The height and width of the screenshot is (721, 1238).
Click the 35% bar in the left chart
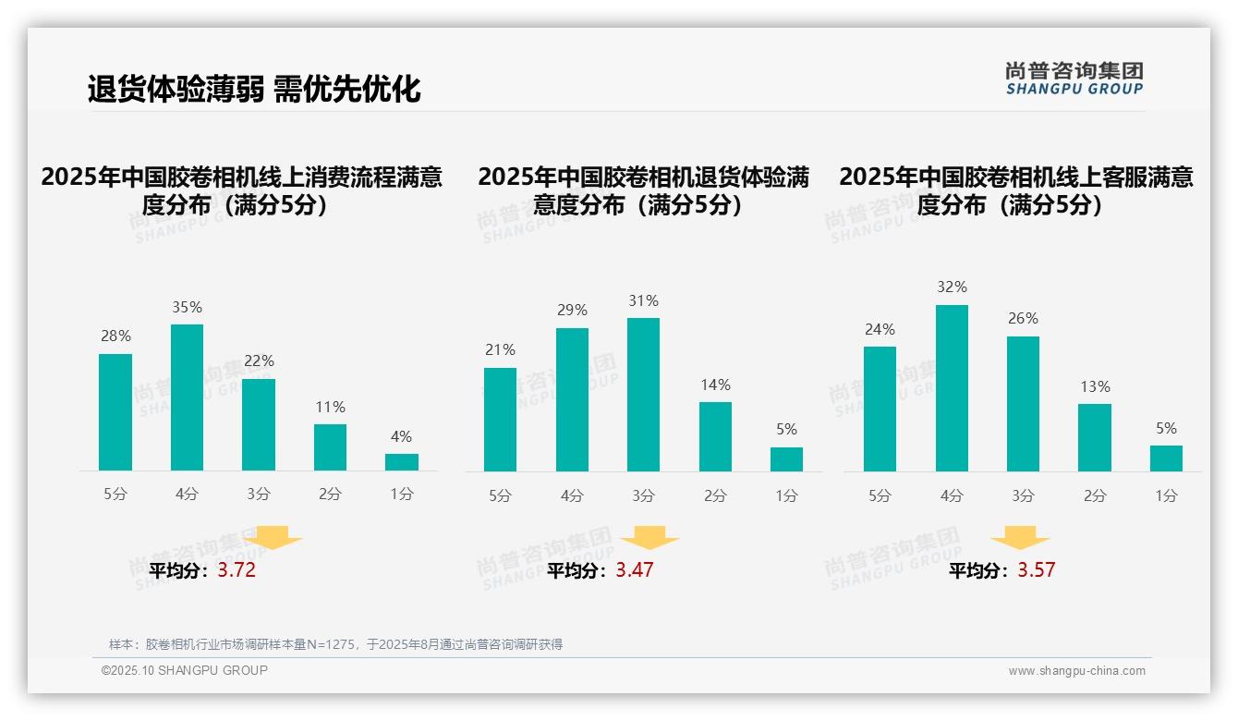(187, 397)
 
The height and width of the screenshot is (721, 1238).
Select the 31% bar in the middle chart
(643, 395)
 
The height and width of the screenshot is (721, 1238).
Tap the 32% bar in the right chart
(952, 388)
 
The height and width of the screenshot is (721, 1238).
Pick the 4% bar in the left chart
(401, 462)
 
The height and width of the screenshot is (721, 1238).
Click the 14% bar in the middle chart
(715, 436)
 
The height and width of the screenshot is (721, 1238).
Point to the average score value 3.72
(237, 570)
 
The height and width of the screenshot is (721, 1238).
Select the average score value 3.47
(635, 570)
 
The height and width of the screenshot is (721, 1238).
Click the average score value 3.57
(1036, 570)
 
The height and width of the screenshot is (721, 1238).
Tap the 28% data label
(115, 336)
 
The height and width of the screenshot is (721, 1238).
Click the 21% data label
(500, 350)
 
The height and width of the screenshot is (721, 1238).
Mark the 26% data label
(1023, 319)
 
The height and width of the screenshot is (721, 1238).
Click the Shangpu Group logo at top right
(1074, 78)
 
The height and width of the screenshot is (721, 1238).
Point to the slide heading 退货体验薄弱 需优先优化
(254, 89)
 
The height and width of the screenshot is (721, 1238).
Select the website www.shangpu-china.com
(1076, 671)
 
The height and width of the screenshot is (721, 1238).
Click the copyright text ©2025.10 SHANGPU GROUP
(185, 670)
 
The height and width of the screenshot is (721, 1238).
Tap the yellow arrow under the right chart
(1020, 538)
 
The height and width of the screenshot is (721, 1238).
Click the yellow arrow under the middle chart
(649, 538)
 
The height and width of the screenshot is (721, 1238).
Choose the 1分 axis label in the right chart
(1166, 496)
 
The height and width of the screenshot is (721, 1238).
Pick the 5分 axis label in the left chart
(115, 495)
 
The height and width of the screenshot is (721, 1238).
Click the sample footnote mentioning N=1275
(335, 644)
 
